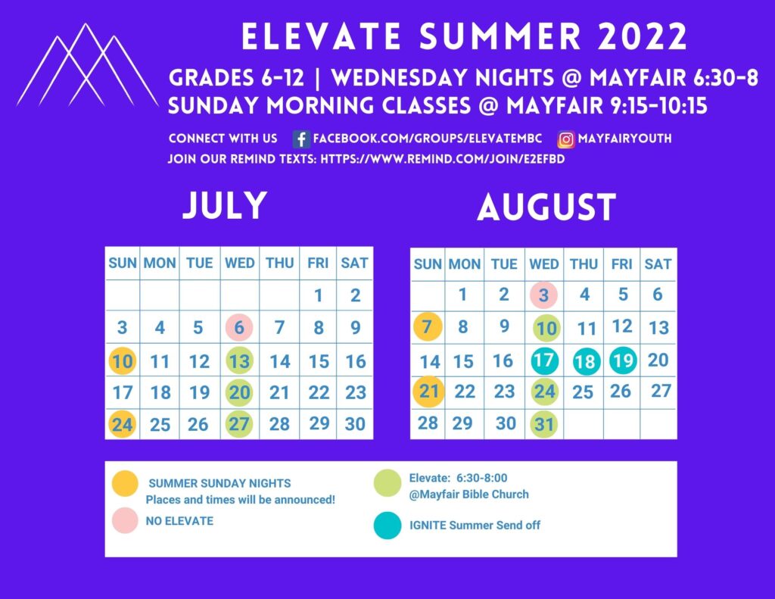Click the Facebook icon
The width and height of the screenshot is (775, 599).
click(301, 139)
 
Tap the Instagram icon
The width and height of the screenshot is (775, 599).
click(566, 139)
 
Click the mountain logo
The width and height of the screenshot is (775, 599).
click(87, 65)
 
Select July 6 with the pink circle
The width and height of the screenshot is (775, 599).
click(239, 327)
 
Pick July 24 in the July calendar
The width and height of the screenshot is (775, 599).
click(122, 424)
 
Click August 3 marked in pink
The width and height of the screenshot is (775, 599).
click(543, 295)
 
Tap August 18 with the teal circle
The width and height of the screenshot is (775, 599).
click(587, 361)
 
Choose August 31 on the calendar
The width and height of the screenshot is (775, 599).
click(543, 424)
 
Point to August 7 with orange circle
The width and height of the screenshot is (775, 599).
click(428, 326)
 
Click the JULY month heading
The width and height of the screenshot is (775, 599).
click(225, 205)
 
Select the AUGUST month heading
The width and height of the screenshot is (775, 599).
click(546, 207)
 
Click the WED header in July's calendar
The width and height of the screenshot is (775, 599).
click(240, 263)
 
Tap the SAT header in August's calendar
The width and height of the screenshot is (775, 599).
click(658, 264)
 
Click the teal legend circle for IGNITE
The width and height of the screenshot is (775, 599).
click(387, 525)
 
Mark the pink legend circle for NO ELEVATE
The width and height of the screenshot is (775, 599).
click(125, 520)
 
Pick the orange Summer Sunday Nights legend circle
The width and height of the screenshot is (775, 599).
click(125, 483)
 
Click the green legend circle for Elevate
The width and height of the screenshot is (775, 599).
click(387, 483)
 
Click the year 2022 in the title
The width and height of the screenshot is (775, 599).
click(643, 36)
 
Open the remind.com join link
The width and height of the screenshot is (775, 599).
click(442, 159)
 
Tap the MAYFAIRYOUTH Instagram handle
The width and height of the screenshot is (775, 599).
click(624, 139)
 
